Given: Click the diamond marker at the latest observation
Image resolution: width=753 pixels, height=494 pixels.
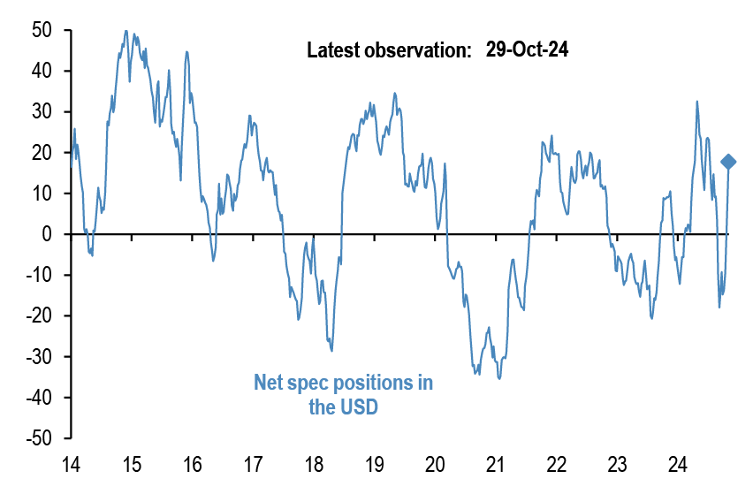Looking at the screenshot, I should pos(728,161).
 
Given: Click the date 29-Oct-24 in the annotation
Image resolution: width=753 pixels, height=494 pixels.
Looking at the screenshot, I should pos(527,50).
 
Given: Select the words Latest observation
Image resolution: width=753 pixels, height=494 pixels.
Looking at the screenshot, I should pos(389,51).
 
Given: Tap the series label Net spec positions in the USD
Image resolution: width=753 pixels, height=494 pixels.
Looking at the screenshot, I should pos(344,395).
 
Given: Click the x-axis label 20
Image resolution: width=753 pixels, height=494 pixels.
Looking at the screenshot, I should pos(435,464).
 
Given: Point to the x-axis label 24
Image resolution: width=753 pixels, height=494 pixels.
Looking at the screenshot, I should pos(678,464).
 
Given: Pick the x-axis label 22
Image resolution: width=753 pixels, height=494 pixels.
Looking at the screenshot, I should pos(556,464).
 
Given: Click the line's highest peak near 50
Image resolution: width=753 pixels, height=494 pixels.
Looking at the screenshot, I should pos(126,31).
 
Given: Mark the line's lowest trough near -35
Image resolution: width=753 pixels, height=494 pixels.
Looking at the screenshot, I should pos(499,378).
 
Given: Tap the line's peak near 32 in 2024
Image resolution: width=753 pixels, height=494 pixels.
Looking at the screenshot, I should pos(697,102).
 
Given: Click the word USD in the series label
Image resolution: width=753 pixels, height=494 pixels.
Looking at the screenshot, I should pos(359,407).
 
